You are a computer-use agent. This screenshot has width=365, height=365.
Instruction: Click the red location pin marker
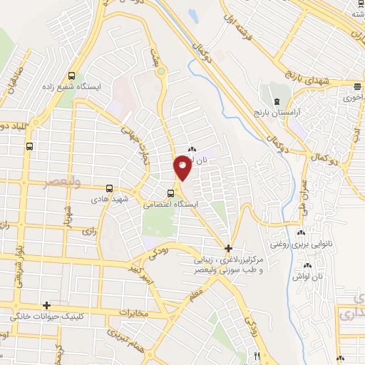point(182,168)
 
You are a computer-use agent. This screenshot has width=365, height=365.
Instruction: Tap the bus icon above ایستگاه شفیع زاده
point(71,76)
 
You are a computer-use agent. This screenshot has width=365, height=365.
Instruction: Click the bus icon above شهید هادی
point(30,145)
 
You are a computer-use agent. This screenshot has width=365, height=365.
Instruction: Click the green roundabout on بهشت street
point(161,71)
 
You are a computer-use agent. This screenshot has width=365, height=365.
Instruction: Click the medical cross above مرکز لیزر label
point(228,249)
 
